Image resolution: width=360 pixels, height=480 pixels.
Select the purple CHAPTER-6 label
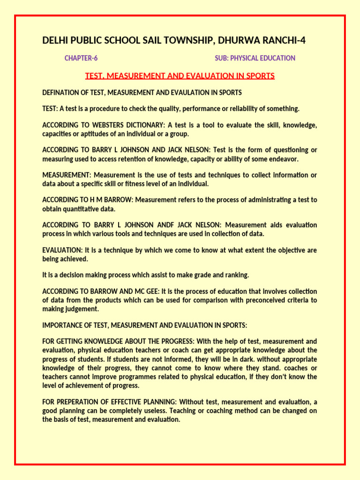point(81,58)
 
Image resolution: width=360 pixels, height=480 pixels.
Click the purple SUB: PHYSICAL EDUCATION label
point(255,58)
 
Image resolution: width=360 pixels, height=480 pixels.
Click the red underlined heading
point(180,75)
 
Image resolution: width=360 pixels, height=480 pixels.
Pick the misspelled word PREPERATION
point(76,402)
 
